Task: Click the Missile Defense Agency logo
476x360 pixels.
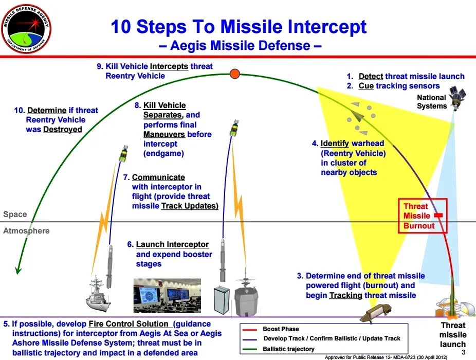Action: [x=27, y=29]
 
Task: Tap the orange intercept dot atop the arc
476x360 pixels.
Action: [x=235, y=74]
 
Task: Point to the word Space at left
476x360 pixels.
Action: [x=15, y=214]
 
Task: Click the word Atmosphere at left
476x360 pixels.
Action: [x=26, y=231]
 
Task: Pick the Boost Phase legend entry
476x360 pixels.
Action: [x=281, y=329]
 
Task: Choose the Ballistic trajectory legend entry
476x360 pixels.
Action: [x=288, y=349]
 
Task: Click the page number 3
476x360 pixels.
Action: [x=463, y=352]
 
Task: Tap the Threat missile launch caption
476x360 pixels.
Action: [x=453, y=334]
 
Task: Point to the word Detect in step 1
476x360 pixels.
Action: [x=371, y=76]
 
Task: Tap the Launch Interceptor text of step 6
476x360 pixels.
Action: [x=172, y=244]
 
